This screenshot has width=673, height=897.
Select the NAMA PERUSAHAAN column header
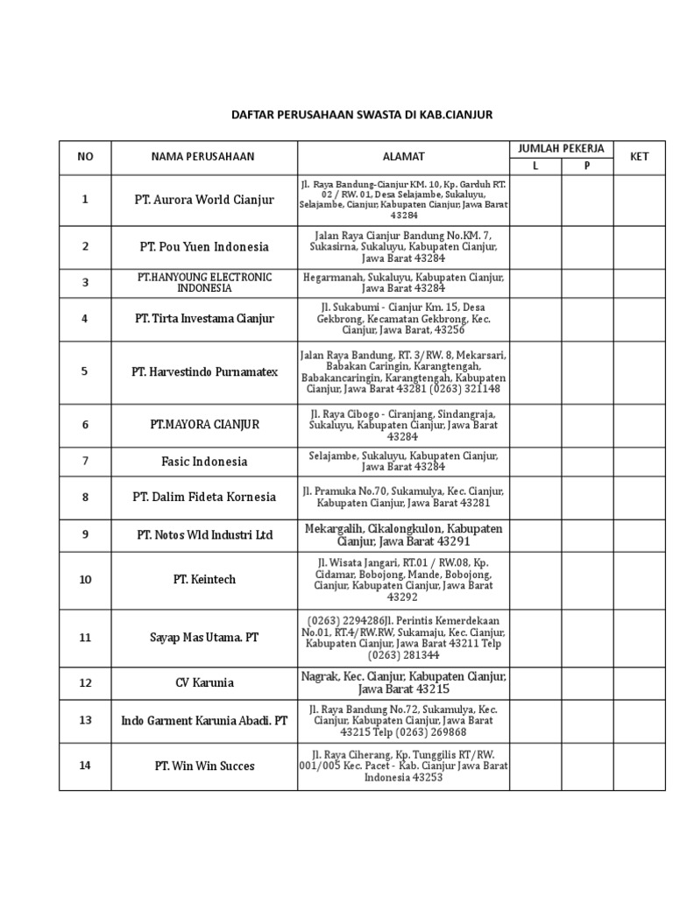coord(202,157)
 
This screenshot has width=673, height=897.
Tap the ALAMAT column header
coord(403,157)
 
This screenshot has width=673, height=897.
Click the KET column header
coord(639,157)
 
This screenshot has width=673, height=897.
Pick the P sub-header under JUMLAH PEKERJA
coord(587,166)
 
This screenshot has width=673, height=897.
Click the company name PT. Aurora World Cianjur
coord(203,200)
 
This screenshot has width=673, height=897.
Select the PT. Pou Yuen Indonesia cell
coord(203,247)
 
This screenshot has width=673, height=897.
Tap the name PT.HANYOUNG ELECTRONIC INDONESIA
coord(203,282)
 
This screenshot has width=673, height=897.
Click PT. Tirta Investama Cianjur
coord(203,319)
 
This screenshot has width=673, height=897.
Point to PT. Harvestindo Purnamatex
coord(203,371)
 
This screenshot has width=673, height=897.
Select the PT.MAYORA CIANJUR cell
coord(203,425)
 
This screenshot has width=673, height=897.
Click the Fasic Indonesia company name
coord(203,462)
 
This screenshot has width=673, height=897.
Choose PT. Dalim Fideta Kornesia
coord(203,497)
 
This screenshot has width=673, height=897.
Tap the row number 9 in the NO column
coord(85,534)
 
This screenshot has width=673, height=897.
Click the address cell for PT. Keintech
coord(403,579)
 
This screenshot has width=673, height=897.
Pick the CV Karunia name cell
coord(203,683)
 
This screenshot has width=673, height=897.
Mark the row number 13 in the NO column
coord(85,720)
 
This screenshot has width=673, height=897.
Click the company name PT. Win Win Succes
coord(203,766)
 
